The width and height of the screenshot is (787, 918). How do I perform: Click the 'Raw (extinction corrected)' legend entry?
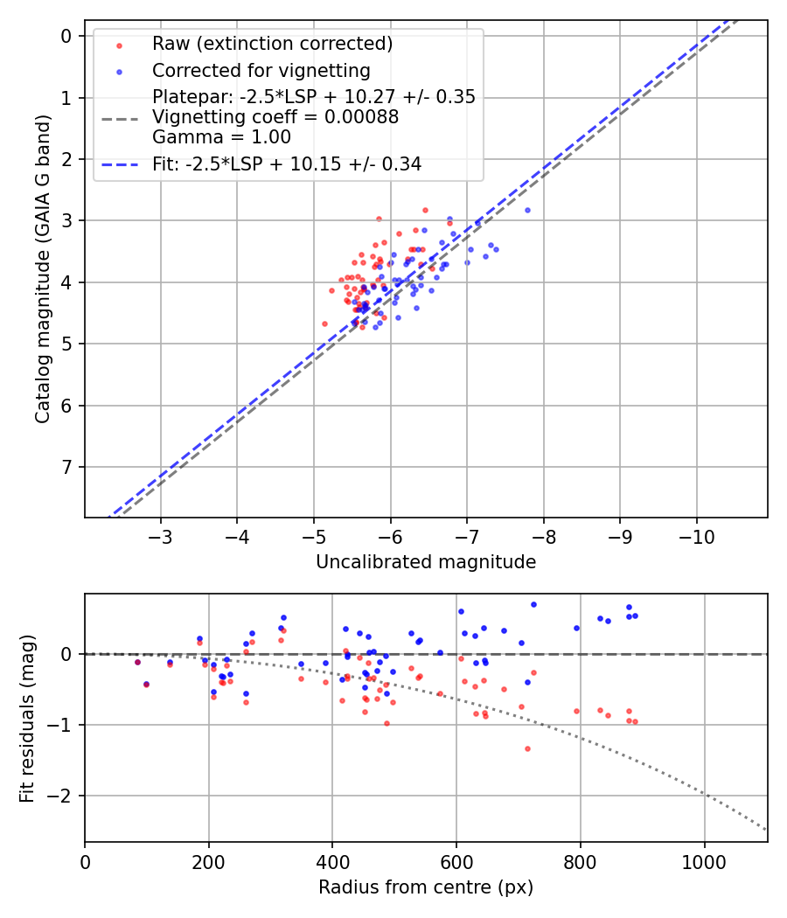[272, 44]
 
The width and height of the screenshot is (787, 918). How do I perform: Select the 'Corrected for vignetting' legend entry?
[261, 71]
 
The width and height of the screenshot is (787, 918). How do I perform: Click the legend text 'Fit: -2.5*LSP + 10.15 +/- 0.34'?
[287, 164]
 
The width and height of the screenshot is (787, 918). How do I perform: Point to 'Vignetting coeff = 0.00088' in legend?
[275, 117]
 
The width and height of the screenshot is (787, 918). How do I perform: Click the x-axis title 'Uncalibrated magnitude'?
[426, 563]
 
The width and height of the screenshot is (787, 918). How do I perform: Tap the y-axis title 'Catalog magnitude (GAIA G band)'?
[43, 269]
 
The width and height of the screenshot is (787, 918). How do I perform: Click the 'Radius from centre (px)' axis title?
[426, 887]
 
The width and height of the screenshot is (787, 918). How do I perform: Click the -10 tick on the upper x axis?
[696, 533]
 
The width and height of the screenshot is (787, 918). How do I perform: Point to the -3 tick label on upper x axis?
[161, 533]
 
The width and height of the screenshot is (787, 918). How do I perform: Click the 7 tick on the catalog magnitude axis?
[66, 467]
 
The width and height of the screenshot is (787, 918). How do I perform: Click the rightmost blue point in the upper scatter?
[527, 210]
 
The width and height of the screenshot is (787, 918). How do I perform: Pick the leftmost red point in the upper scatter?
[324, 323]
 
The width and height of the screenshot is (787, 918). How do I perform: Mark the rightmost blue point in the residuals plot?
[635, 615]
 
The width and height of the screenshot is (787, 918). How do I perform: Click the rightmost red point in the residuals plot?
[635, 721]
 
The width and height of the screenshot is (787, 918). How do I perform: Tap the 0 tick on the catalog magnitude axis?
[66, 36]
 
